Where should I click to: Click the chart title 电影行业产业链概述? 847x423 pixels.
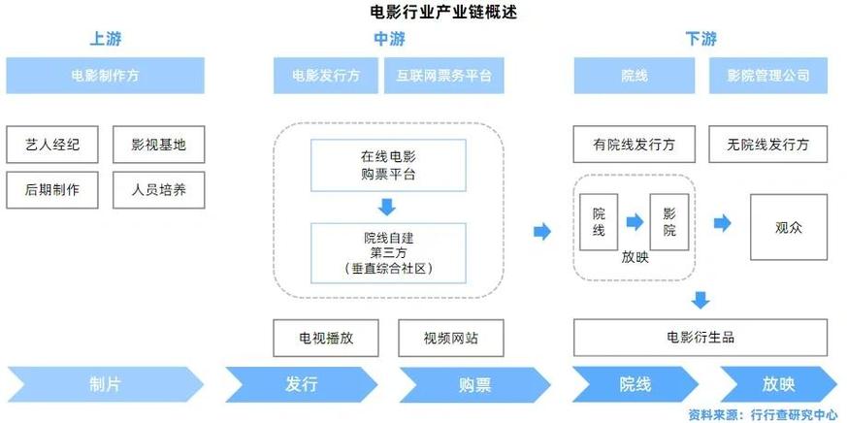click(x=423, y=13)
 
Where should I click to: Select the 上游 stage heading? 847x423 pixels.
click(x=106, y=40)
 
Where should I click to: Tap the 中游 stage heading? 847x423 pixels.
click(x=389, y=40)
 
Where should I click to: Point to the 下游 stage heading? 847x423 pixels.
click(x=700, y=40)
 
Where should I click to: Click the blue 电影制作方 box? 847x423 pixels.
click(x=106, y=76)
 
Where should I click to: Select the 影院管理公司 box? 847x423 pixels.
click(x=768, y=76)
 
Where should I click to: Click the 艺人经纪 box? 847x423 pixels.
click(x=52, y=146)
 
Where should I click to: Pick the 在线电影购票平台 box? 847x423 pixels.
click(x=387, y=166)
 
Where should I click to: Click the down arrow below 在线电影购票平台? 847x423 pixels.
click(x=387, y=207)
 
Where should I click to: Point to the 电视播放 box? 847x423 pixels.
click(x=325, y=338)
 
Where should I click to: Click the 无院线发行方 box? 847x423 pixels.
click(x=767, y=146)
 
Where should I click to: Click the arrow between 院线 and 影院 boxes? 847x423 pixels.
click(x=635, y=223)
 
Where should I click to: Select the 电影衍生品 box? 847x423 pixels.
click(x=700, y=338)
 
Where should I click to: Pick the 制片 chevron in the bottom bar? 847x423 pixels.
click(x=106, y=384)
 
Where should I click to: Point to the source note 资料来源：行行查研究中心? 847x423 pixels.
click(x=763, y=414)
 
